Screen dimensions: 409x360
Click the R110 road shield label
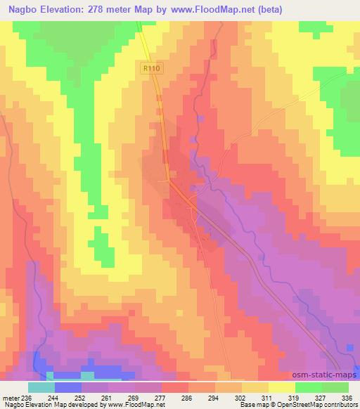point(149,68)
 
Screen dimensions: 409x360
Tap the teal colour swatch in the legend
point(41,387)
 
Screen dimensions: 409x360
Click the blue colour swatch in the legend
point(68,387)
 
